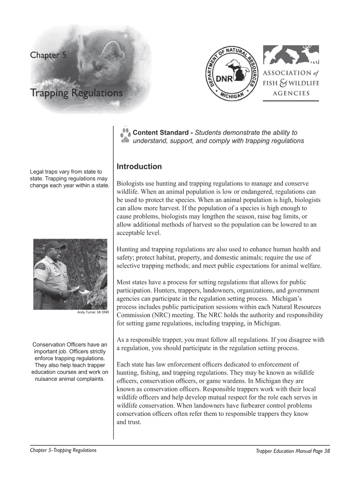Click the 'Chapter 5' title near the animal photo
(x=48, y=56)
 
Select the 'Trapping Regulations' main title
(x=77, y=94)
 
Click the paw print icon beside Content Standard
(x=125, y=135)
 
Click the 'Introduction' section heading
(x=139, y=167)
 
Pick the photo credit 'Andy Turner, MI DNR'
(x=93, y=312)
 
